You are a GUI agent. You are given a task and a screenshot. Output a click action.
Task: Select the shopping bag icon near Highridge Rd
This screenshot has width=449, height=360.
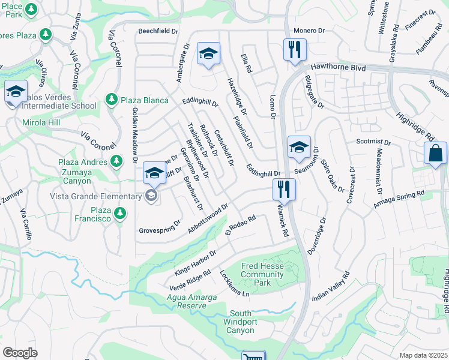pyautogui.click(x=435, y=153)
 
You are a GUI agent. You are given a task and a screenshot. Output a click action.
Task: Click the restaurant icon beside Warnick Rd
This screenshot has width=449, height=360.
pyautogui.click(x=284, y=189)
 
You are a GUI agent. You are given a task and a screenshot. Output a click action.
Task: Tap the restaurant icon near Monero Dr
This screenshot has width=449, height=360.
pyautogui.click(x=295, y=49)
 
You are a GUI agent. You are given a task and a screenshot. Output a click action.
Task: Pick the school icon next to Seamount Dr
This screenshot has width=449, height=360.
pyautogui.click(x=299, y=147)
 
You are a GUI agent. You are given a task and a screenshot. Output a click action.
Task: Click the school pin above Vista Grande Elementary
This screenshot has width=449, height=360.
pyautogui.click(x=154, y=175)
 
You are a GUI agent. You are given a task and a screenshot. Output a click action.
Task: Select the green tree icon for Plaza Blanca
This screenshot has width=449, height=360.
pyautogui.click(x=111, y=100)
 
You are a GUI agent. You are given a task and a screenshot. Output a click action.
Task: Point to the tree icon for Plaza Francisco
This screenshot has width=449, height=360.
pyautogui.click(x=120, y=213)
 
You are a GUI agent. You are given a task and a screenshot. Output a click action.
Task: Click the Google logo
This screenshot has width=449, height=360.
pyautogui.click(x=20, y=353)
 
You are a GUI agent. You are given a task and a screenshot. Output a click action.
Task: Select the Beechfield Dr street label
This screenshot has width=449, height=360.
pyautogui.click(x=158, y=31)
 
